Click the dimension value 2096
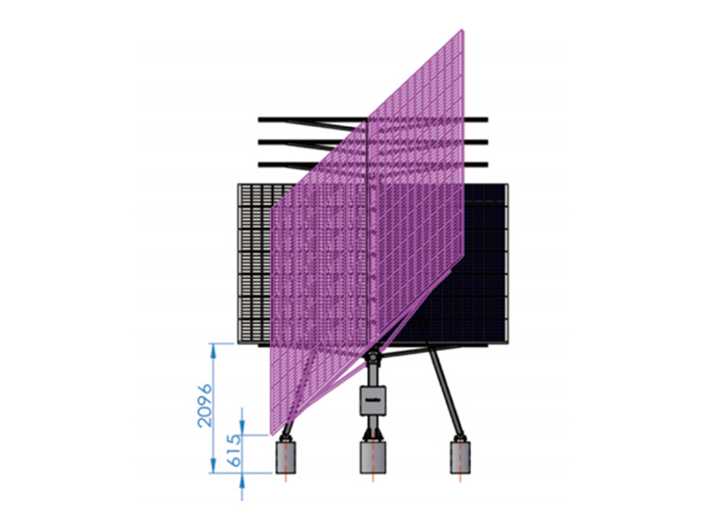205,405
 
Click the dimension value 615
235,450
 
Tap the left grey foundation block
285,457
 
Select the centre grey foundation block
372,457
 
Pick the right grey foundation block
460,457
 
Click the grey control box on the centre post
373,400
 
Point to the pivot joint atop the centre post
372,358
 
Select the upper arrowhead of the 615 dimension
243,428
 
